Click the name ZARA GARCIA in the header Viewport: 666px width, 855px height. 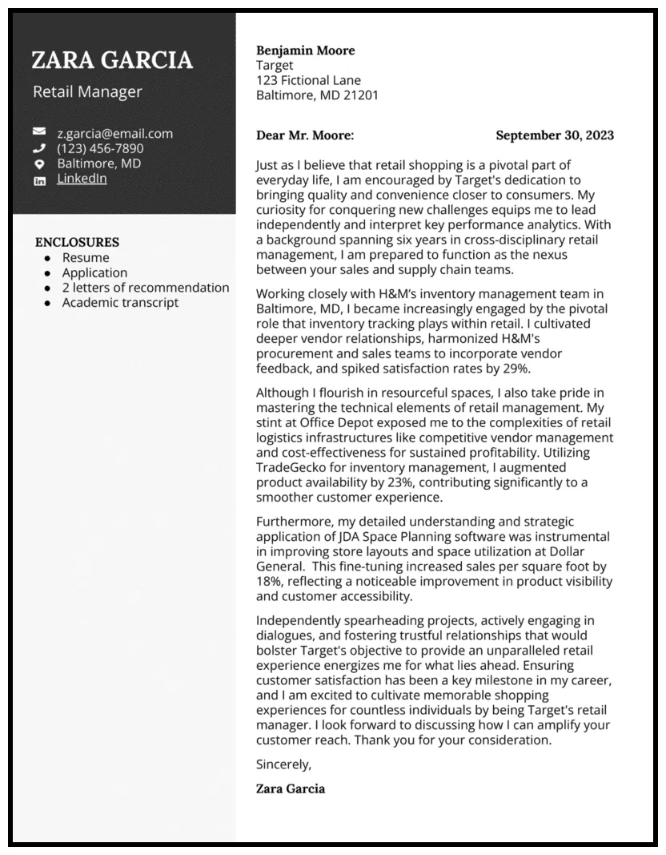tap(112, 60)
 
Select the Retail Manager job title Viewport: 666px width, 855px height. tap(87, 91)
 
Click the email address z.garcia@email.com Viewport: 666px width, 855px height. tap(114, 133)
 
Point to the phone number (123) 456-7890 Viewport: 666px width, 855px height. tap(100, 148)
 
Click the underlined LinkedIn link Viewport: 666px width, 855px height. tap(82, 179)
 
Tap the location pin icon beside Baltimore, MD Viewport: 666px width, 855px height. tap(39, 163)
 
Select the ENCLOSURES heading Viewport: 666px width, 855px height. tap(77, 242)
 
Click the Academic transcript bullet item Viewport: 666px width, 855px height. tap(120, 302)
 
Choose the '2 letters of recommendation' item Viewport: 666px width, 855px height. tap(146, 288)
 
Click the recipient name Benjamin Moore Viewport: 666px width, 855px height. tap(305, 50)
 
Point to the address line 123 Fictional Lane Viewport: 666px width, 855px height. tap(308, 80)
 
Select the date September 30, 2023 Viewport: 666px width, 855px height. tap(555, 135)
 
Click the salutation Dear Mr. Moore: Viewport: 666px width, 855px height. tap(304, 135)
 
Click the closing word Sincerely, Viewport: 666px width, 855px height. tap(283, 764)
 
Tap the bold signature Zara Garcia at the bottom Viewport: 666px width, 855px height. tap(291, 788)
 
